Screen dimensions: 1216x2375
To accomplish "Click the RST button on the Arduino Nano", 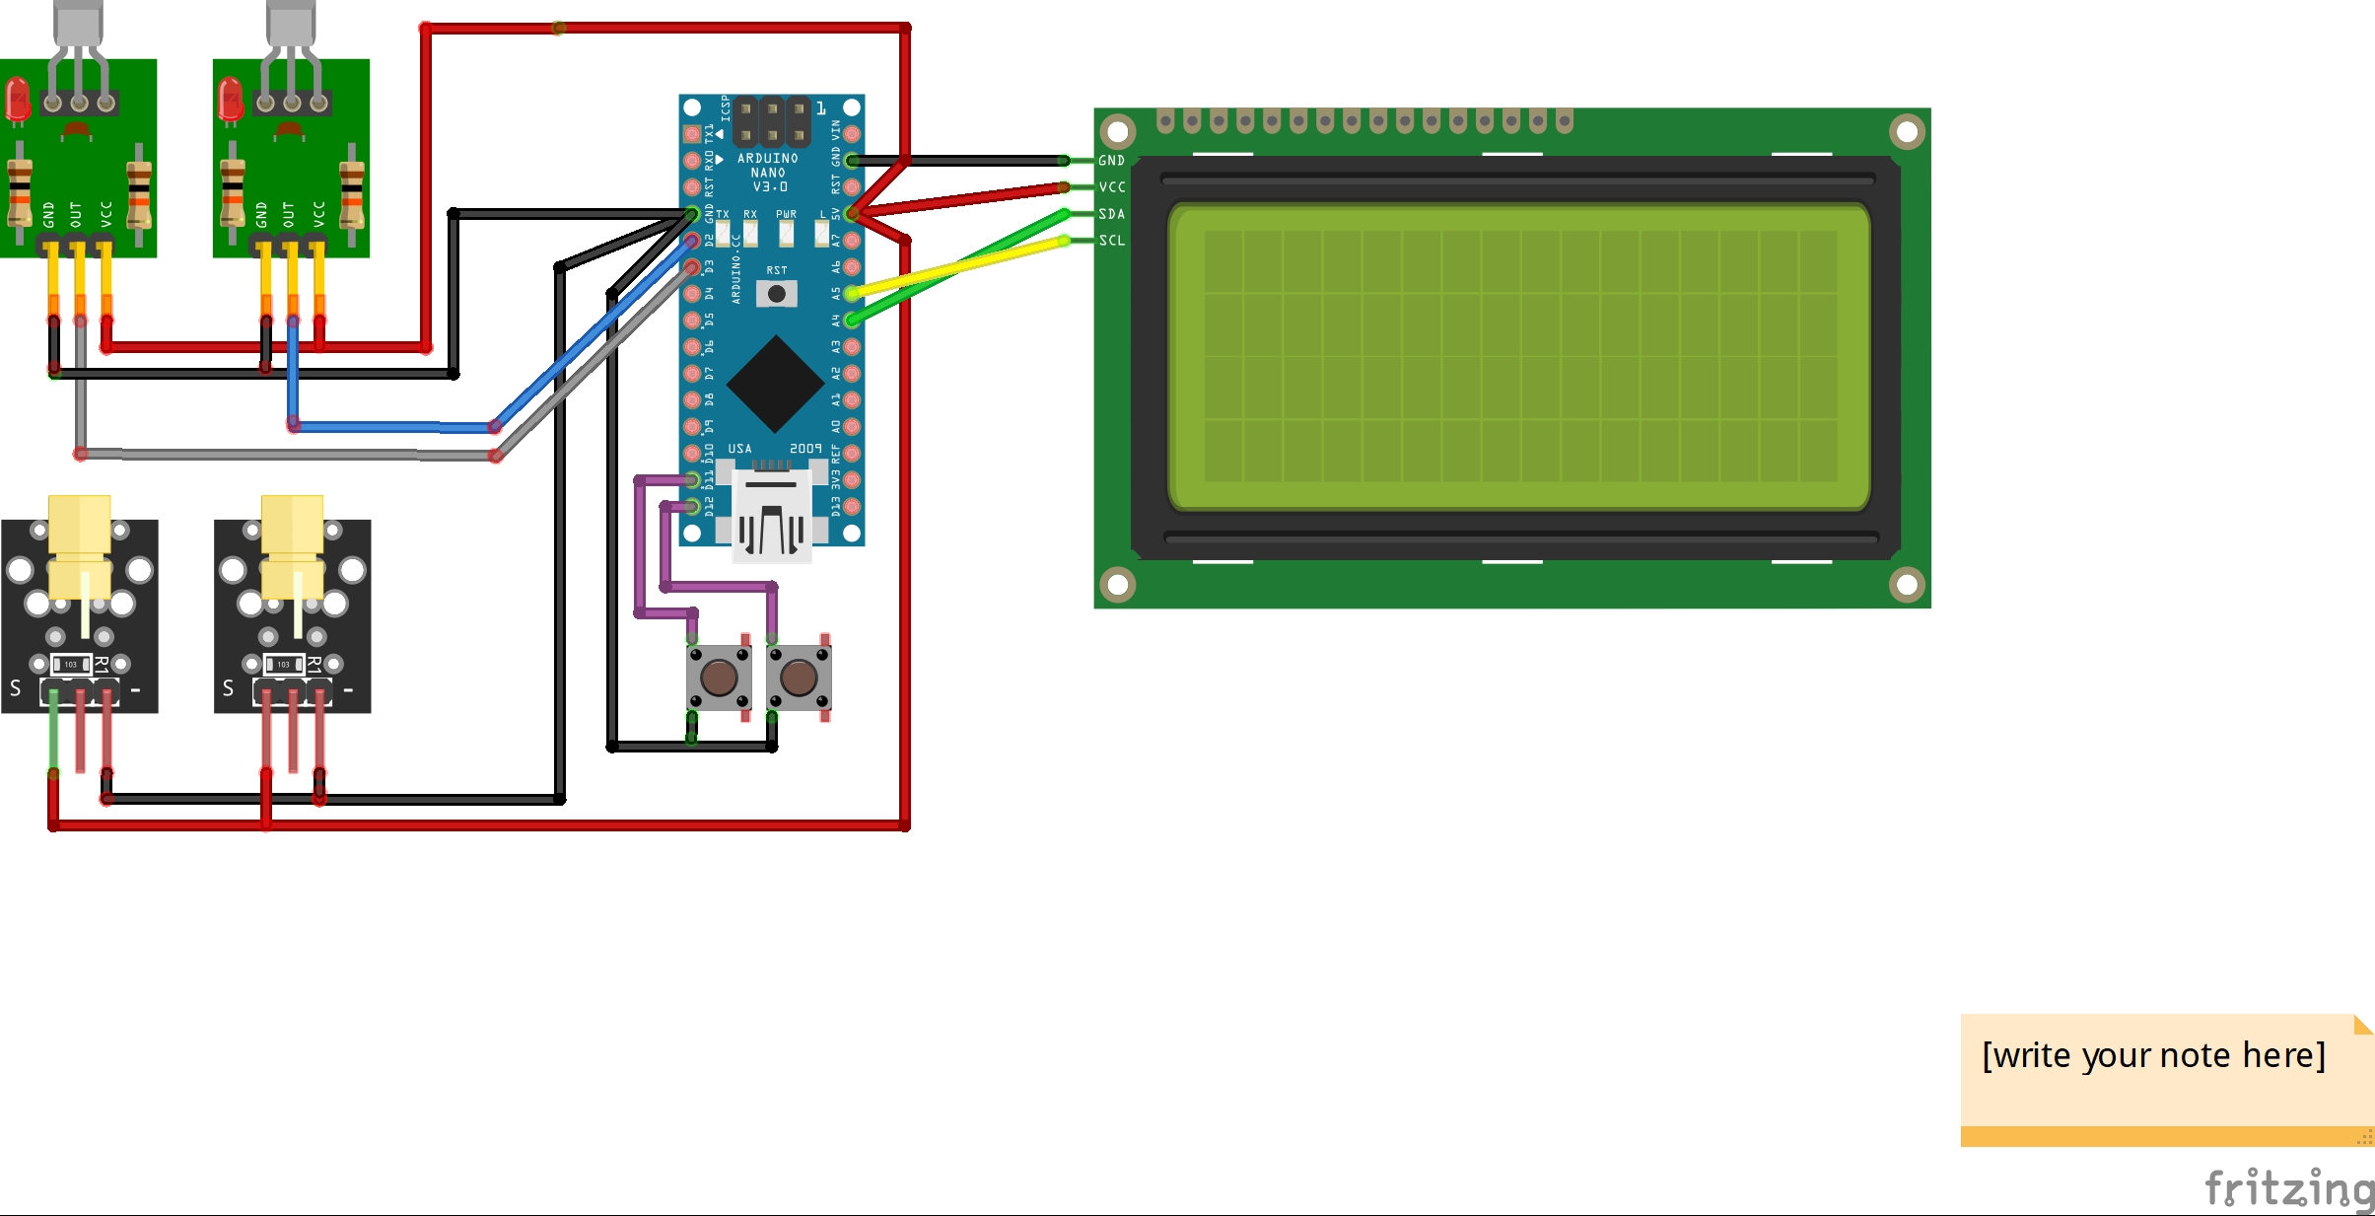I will pyautogui.click(x=777, y=294).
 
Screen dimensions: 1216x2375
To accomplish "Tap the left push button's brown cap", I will pyautogui.click(x=719, y=678).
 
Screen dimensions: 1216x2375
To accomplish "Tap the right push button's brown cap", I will pyautogui.click(x=799, y=678).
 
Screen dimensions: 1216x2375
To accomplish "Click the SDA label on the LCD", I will pyautogui.click(x=1112, y=214).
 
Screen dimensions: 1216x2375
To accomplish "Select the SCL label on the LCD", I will pyautogui.click(x=1112, y=241).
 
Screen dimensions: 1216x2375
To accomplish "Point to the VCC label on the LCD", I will pyautogui.click(x=1112, y=187).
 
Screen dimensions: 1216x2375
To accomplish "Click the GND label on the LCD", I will pyautogui.click(x=1112, y=161).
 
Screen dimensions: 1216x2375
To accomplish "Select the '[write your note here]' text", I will pyautogui.click(x=2153, y=1055).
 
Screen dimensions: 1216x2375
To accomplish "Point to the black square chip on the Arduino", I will pyautogui.click(x=776, y=384).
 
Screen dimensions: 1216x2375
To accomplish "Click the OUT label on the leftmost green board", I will pyautogui.click(x=76, y=214).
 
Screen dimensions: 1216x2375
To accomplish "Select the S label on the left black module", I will pyautogui.click(x=16, y=688).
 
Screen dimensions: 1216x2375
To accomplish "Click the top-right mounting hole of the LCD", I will pyautogui.click(x=1907, y=131).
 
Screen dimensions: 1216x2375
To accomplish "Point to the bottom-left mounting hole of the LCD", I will pyautogui.click(x=1118, y=585).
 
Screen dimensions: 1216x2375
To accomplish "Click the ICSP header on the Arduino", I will pyautogui.click(x=772, y=121).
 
